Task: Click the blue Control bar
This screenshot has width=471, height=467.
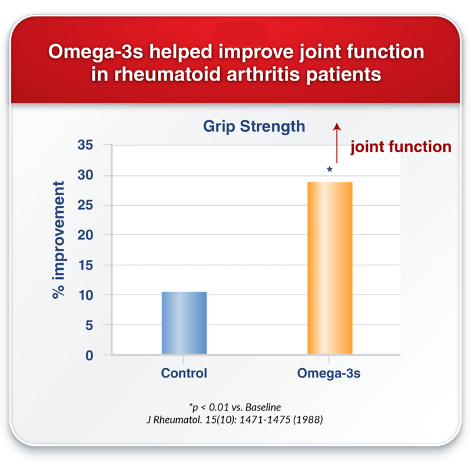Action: pyautogui.click(x=184, y=323)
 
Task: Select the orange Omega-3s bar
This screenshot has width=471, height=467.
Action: pyautogui.click(x=330, y=268)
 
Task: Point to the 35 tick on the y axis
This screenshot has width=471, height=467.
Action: pyautogui.click(x=85, y=145)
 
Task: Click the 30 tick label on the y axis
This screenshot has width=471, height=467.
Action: pyautogui.click(x=85, y=175)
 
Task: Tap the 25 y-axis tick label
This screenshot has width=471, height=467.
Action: pyautogui.click(x=85, y=205)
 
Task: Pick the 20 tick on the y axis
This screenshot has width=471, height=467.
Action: pyautogui.click(x=85, y=235)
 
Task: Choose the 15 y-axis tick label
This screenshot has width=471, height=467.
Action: pyautogui.click(x=86, y=265)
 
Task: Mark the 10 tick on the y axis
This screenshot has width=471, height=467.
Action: pyautogui.click(x=86, y=296)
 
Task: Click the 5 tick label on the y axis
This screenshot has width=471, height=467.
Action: pyautogui.click(x=89, y=325)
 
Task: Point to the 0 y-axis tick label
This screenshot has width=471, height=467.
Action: pyautogui.click(x=89, y=356)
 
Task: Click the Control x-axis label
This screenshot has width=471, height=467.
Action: pyautogui.click(x=184, y=373)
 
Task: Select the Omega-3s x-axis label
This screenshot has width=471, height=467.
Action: pyautogui.click(x=329, y=373)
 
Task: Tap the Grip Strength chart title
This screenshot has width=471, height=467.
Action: pyautogui.click(x=254, y=126)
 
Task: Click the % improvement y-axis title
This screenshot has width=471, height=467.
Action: pyautogui.click(x=58, y=240)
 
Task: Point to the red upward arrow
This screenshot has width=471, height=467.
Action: pyautogui.click(x=337, y=143)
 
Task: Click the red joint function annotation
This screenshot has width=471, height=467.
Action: pyautogui.click(x=401, y=147)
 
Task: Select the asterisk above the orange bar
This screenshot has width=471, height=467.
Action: pyautogui.click(x=330, y=169)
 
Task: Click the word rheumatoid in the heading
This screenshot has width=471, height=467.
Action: pyautogui.click(x=168, y=74)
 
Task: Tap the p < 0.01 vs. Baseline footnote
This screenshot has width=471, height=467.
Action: pyautogui.click(x=235, y=407)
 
